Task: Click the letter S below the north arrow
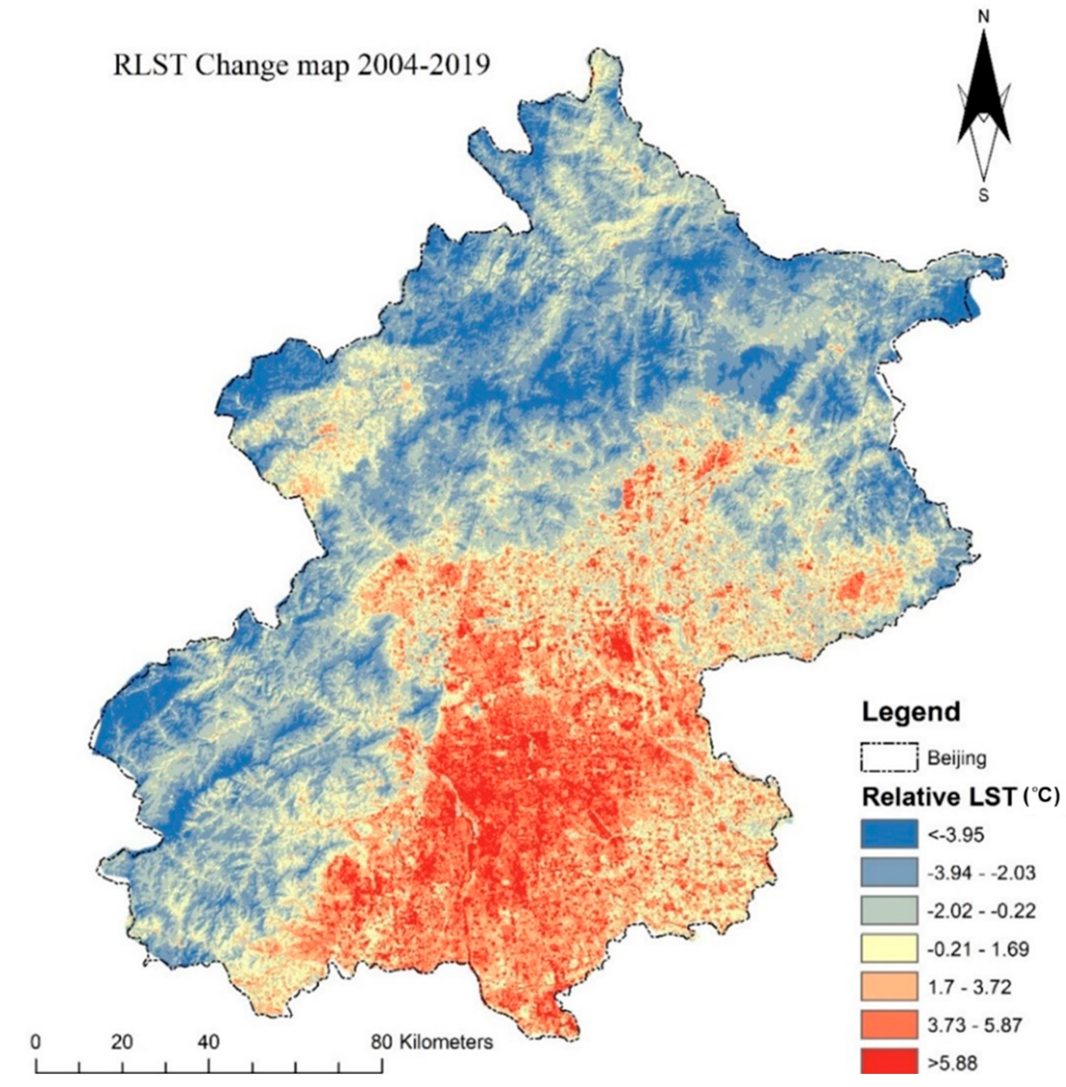coord(984,196)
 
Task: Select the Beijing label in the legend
coord(957,759)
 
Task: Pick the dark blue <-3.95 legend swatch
coord(889,834)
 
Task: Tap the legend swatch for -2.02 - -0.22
coord(889,910)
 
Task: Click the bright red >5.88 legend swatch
coord(889,1063)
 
